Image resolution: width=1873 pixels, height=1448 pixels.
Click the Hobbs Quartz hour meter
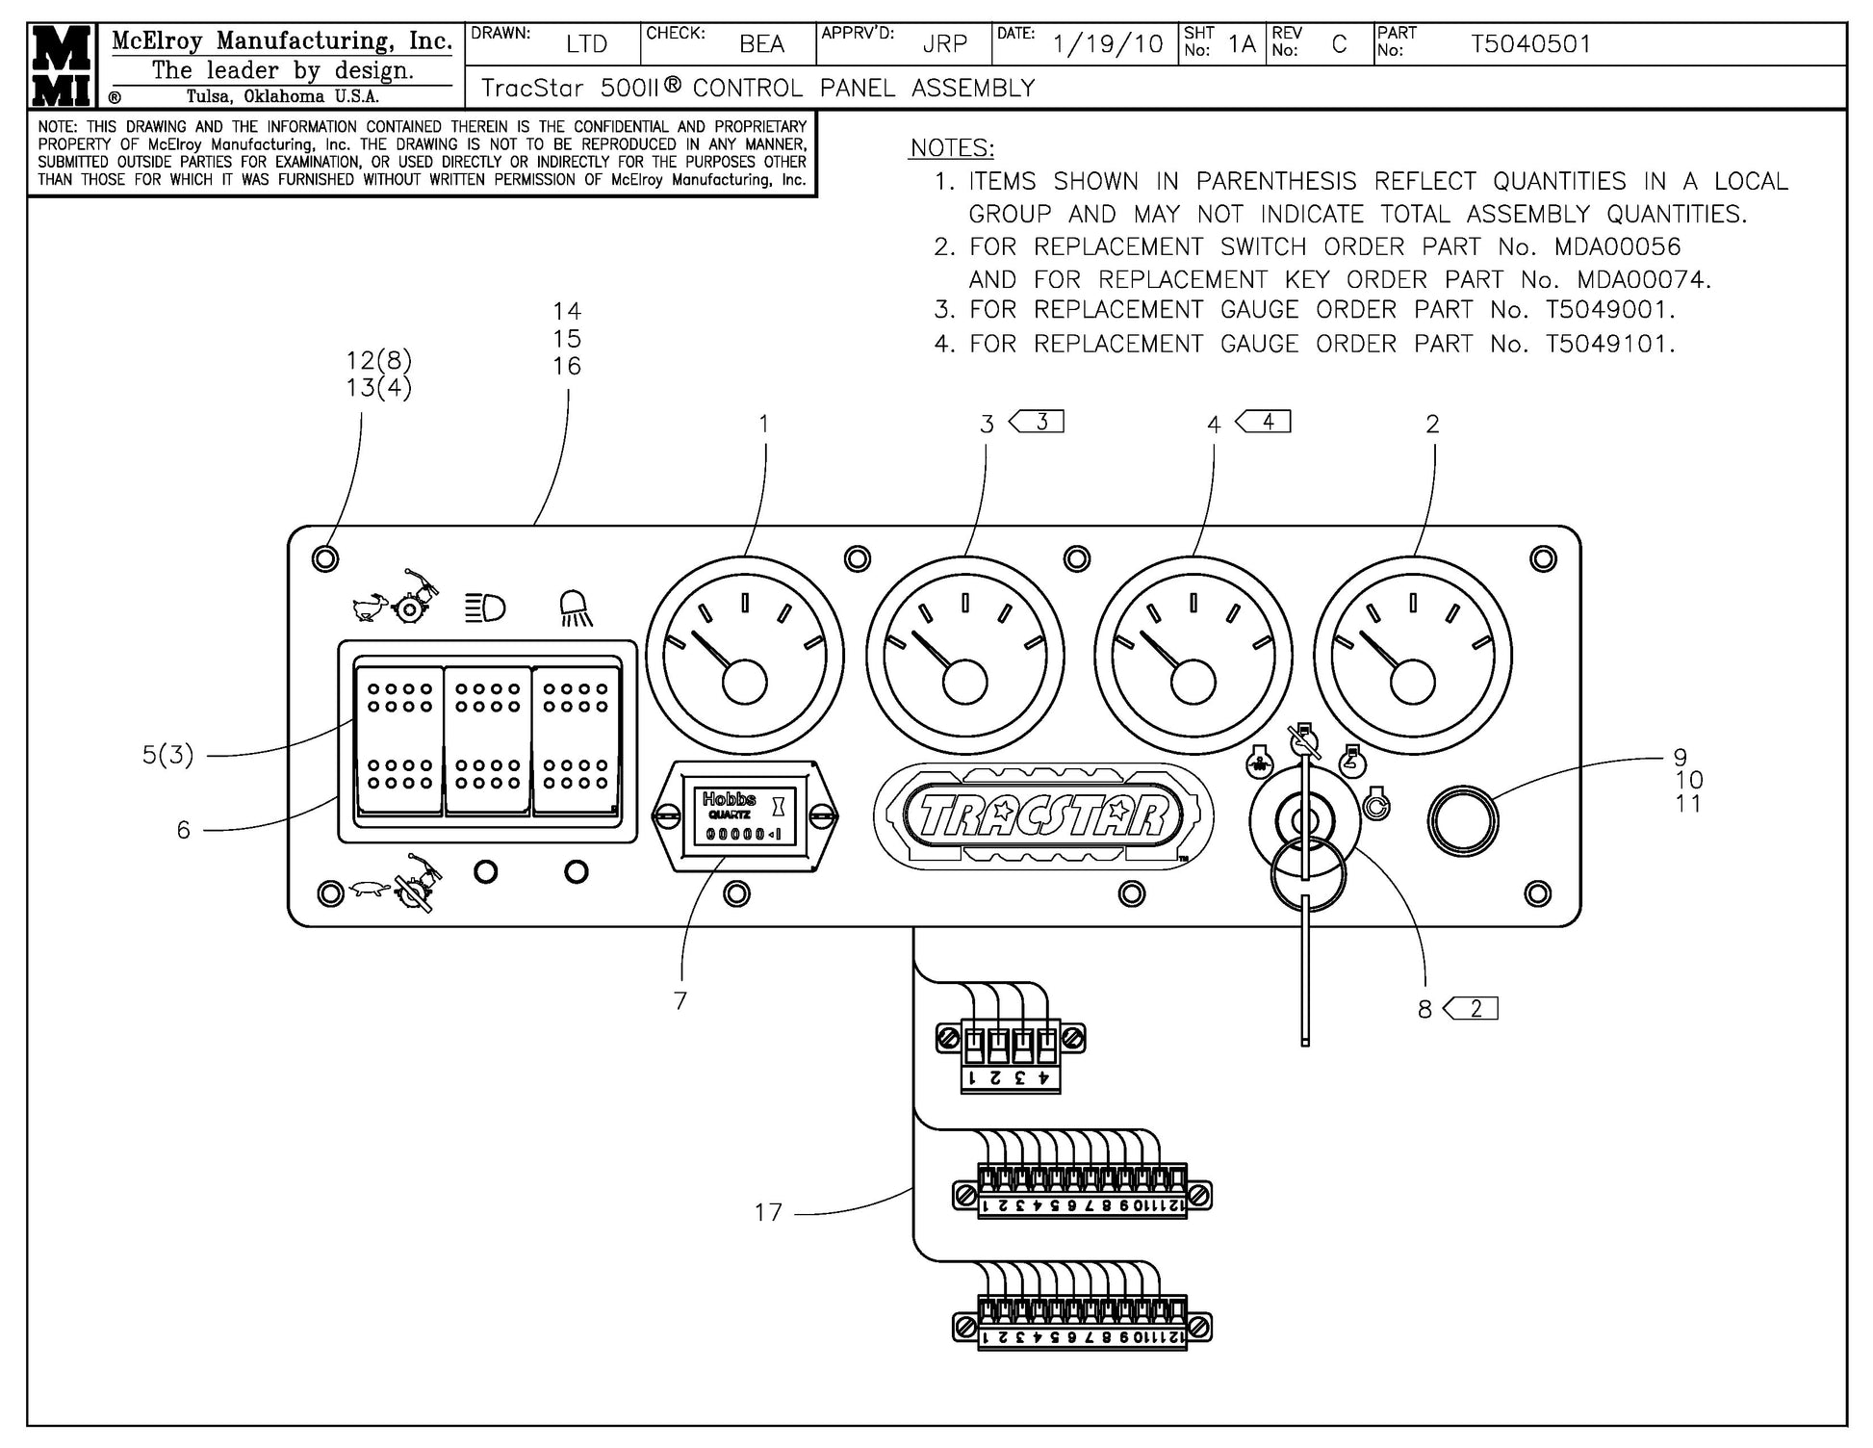click(745, 816)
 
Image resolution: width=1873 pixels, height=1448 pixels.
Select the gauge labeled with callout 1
click(744, 657)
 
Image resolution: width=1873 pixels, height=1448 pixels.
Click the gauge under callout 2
click(1412, 657)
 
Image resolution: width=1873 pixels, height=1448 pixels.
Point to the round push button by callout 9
click(1462, 821)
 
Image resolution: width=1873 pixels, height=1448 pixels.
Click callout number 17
click(768, 1212)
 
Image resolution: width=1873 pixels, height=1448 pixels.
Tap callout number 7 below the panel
click(680, 1001)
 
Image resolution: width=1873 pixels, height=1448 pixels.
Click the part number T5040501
click(1530, 44)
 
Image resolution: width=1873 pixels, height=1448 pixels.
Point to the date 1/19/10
click(1107, 44)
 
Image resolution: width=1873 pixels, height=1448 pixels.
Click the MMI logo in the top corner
click(62, 65)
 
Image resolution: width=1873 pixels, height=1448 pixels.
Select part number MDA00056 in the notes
click(1617, 246)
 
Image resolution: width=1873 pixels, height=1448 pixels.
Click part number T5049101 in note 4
click(1609, 344)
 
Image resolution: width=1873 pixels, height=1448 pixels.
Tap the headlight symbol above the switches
click(486, 608)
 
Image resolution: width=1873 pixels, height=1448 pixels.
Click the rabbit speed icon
click(370, 607)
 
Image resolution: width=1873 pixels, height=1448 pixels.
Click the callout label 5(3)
click(168, 756)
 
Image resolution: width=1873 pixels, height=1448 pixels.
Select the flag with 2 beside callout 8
click(1473, 1009)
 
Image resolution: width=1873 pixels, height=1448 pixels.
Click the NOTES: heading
click(952, 148)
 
